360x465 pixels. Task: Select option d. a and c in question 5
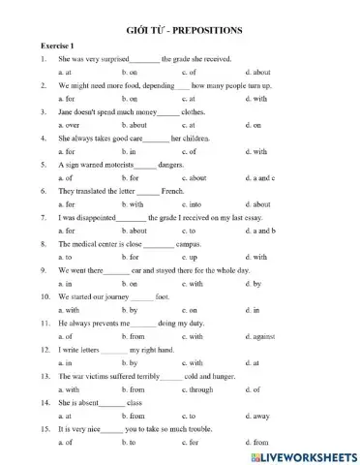(x=260, y=178)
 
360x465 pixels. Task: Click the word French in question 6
(x=172, y=191)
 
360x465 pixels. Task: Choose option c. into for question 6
(x=192, y=204)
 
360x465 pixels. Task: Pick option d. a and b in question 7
(x=260, y=231)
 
